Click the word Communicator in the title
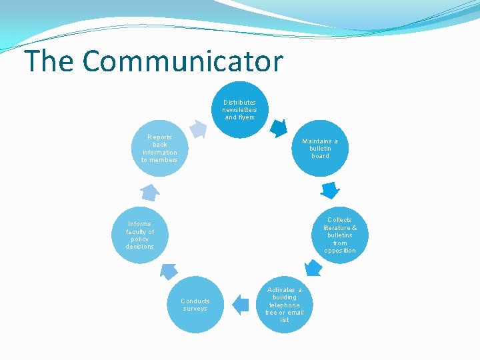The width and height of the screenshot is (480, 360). click(x=183, y=61)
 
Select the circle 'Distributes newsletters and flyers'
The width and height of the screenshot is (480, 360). click(x=239, y=109)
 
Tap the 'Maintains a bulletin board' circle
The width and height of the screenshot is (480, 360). click(x=320, y=148)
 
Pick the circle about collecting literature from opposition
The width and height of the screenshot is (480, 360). click(x=340, y=235)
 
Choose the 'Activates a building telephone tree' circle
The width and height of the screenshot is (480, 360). click(x=285, y=305)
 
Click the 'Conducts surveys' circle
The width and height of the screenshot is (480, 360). click(x=195, y=305)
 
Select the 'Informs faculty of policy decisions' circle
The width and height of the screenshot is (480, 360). click(x=140, y=235)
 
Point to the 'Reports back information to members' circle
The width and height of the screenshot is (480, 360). click(x=160, y=148)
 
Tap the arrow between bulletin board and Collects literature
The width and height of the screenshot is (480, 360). click(x=329, y=190)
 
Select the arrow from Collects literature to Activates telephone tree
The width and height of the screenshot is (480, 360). click(x=313, y=268)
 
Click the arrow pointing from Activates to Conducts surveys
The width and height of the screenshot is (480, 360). click(x=240, y=305)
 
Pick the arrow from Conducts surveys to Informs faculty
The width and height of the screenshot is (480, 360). click(x=169, y=270)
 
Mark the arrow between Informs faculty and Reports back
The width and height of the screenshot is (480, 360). click(x=150, y=192)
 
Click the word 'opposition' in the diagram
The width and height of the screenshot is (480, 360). click(x=340, y=251)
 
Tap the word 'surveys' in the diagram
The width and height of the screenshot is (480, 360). click(x=195, y=309)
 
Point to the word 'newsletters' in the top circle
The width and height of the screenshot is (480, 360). click(x=239, y=109)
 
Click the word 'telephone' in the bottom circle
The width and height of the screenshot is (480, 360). click(x=285, y=305)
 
